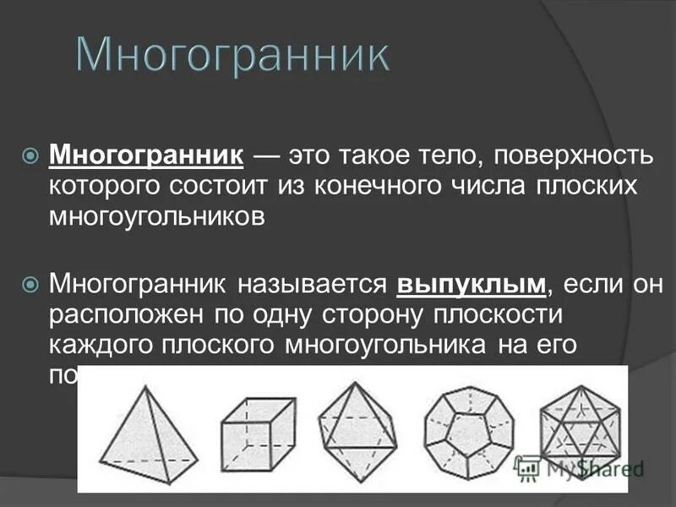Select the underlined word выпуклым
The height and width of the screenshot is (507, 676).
pyautogui.click(x=472, y=285)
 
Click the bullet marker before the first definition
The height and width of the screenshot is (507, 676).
pyautogui.click(x=30, y=155)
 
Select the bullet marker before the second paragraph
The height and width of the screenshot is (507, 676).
pyautogui.click(x=30, y=284)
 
